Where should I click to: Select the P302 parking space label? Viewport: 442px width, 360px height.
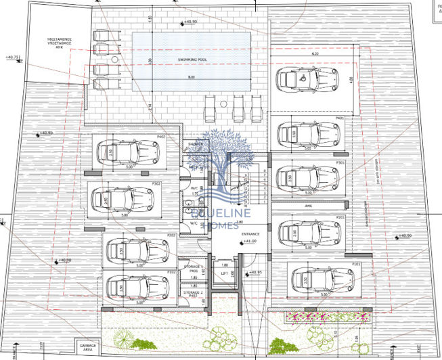[156, 183]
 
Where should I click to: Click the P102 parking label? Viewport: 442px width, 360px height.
[173, 273]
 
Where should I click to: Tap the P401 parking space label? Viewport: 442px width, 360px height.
[340, 118]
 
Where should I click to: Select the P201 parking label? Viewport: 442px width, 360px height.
[340, 217]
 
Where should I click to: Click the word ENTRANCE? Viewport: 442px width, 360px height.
[250, 234]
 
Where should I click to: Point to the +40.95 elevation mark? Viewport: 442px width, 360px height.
[254, 272]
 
